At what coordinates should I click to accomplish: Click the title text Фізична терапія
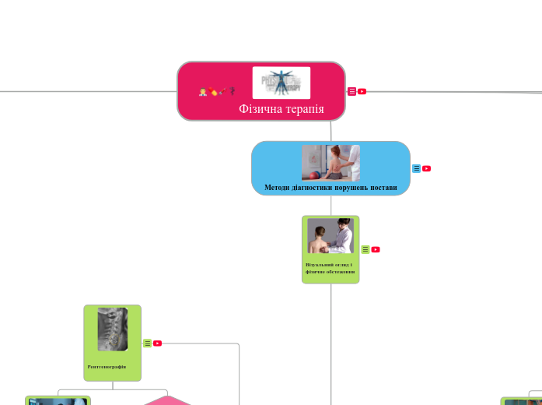(x=281, y=109)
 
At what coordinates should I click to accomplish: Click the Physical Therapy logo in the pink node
(x=281, y=83)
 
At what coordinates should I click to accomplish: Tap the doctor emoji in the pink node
(x=203, y=92)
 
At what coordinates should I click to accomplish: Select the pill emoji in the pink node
(x=212, y=92)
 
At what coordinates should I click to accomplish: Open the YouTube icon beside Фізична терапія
(x=362, y=92)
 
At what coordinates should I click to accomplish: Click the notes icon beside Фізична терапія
(x=351, y=92)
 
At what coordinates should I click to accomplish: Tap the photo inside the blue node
(x=330, y=162)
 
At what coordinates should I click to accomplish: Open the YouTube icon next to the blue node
(x=427, y=168)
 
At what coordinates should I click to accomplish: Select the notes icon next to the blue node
(x=416, y=168)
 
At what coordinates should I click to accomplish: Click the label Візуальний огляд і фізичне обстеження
(x=330, y=268)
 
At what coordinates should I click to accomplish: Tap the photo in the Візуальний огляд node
(x=330, y=235)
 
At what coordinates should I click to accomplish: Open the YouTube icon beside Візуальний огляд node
(x=376, y=250)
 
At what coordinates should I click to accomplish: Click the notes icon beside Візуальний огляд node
(x=365, y=250)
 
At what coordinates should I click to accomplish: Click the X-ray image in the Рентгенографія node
(x=112, y=329)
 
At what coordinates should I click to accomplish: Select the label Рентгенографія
(x=107, y=366)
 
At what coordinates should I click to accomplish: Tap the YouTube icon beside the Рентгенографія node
(x=157, y=343)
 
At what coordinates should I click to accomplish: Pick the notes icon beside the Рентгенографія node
(x=147, y=343)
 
